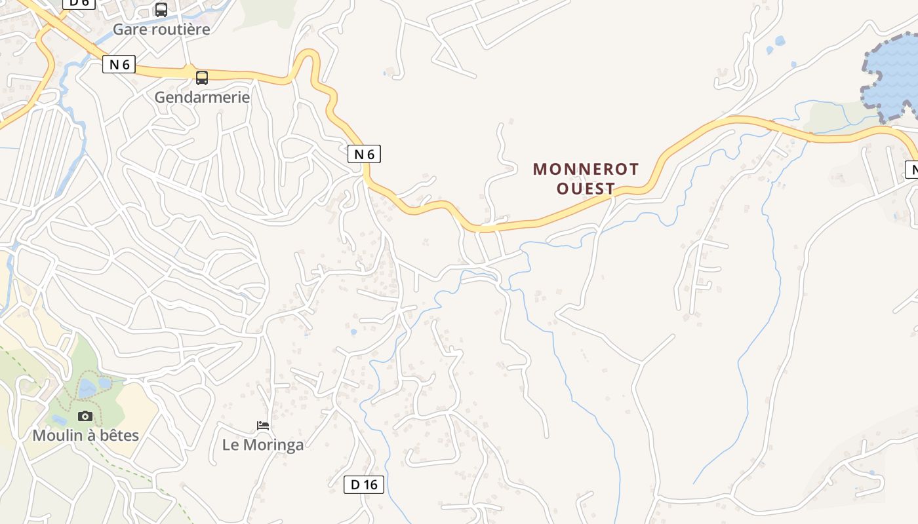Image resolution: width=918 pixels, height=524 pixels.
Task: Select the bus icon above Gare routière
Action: pos(161,10)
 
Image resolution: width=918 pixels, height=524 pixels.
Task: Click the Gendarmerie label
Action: pos(202,98)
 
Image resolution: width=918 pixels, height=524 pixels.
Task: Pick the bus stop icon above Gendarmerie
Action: pos(202,78)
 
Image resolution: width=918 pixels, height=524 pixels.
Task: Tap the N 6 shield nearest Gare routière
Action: pos(119,64)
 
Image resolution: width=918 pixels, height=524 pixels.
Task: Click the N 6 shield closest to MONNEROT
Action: pos(364,154)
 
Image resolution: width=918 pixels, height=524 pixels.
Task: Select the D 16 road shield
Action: pos(364,485)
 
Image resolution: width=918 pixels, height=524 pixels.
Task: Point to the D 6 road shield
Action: pos(79,3)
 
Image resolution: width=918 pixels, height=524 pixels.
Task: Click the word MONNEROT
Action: pos(586,169)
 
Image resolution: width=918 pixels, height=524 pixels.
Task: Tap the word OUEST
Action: pos(586,189)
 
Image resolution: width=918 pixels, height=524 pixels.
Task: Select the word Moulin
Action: pos(56,436)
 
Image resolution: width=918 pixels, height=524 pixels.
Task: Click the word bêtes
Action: pos(119,436)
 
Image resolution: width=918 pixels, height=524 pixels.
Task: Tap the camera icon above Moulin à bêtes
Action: pos(85,416)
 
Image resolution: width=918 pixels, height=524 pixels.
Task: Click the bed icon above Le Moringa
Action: pos(263,426)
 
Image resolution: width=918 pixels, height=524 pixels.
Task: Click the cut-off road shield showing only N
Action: pos(912,170)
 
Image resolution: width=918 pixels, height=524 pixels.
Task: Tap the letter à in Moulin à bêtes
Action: pos(90,436)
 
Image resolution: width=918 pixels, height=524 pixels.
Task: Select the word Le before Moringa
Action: pos(231,445)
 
